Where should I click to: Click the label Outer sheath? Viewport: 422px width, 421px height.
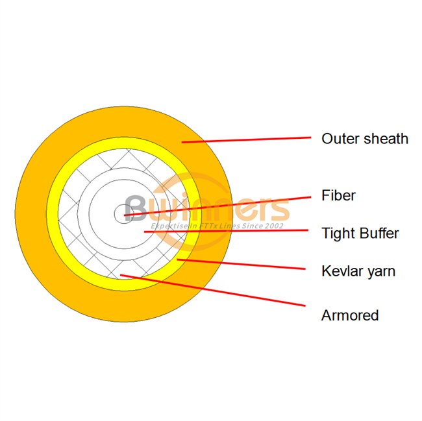pos(365,138)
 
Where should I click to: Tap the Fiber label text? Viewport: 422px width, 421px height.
pos(338,195)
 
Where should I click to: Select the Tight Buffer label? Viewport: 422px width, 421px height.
pos(360,233)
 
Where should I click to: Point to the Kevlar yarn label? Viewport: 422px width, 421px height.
pos(358,270)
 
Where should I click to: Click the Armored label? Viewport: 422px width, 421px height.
pos(350,315)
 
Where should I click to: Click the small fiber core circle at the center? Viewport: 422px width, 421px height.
pos(121,213)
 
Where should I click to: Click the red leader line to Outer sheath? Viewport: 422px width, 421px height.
pos(247,139)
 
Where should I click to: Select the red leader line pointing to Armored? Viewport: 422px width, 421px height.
pos(214,290)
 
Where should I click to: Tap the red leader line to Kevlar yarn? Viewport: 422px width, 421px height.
pos(240,264)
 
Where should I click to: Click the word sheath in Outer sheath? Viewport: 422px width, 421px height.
pos(386,138)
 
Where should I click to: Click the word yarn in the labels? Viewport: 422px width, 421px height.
pos(380,271)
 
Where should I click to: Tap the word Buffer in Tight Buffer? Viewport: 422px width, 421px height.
pos(379,233)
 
